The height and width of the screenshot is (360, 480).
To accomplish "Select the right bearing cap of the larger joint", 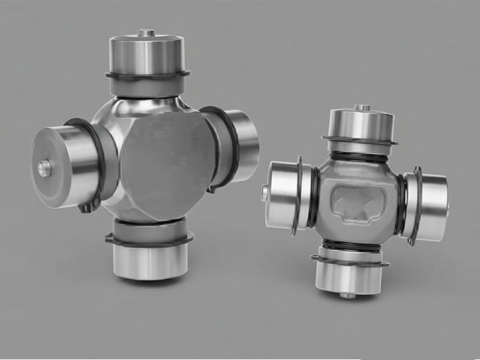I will pos(240,144).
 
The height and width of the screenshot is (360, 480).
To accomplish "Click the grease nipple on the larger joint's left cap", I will pos(44,169).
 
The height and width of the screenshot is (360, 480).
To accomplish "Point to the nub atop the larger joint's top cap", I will pos(146,32).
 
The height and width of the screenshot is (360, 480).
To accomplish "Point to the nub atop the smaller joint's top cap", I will pos(361,108).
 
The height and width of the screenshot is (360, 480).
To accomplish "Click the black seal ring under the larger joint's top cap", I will pos(147,76).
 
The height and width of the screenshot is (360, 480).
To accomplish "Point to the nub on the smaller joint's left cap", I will pos(265,192).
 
